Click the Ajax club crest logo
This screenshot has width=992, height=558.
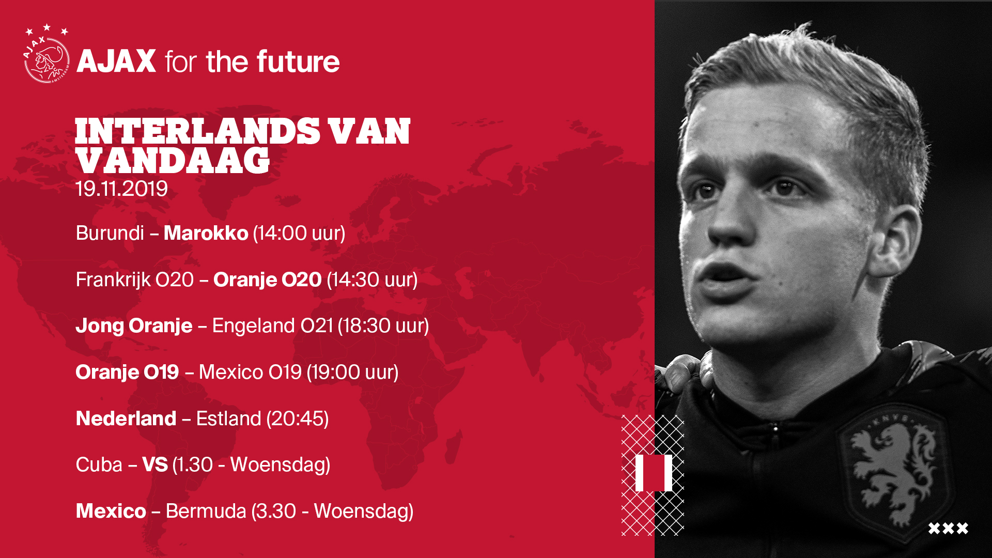tap(47, 54)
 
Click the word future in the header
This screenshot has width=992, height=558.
tap(298, 61)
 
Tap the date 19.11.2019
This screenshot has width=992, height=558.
tap(121, 189)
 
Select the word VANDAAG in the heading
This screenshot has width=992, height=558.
tap(173, 161)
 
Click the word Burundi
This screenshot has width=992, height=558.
tap(110, 233)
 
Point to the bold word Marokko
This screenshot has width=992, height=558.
tap(206, 233)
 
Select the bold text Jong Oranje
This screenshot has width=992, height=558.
tap(134, 326)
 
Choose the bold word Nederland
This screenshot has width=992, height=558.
tap(126, 419)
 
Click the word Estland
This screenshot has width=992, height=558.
tap(228, 419)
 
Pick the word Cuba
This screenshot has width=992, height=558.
tap(99, 465)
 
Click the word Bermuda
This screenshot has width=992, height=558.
tap(206, 512)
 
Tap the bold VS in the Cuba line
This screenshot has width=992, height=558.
tap(155, 465)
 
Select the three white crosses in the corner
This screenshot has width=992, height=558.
tap(948, 529)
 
